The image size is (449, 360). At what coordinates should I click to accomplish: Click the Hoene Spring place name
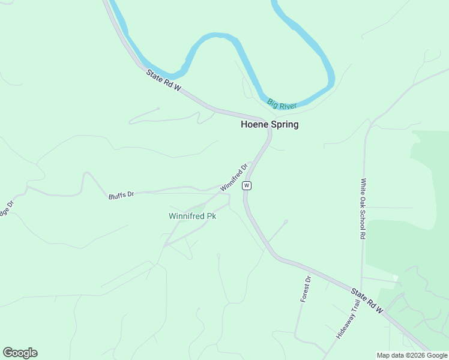(270, 125)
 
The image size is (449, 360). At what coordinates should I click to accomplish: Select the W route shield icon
(247, 186)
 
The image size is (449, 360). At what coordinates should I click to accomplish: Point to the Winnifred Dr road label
(234, 178)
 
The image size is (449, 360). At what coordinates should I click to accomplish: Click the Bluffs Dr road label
(121, 195)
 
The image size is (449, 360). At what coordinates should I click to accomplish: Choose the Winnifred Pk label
(192, 216)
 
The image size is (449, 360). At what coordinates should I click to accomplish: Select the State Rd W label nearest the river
(163, 80)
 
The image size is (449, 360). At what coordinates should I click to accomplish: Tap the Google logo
(20, 353)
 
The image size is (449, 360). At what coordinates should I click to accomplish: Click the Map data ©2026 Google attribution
(412, 355)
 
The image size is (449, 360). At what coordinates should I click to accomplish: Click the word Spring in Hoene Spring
(284, 125)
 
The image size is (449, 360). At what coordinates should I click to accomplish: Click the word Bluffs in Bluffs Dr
(117, 196)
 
